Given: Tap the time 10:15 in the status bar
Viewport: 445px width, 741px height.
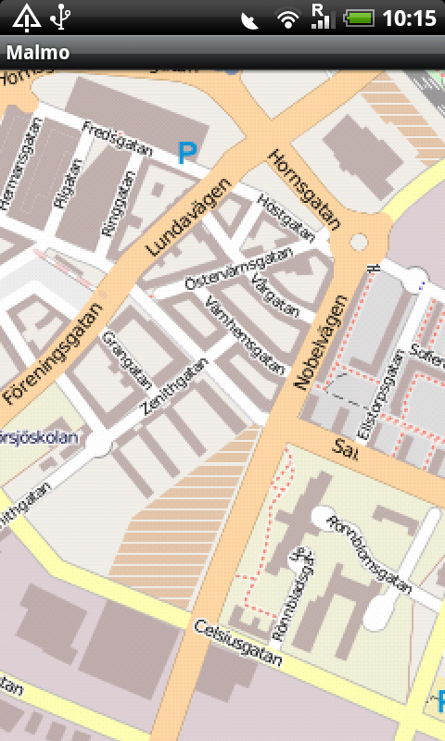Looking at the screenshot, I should [410, 18].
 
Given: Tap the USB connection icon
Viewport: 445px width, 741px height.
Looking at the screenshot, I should [61, 17].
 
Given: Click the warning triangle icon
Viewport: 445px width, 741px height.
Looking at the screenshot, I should [25, 17].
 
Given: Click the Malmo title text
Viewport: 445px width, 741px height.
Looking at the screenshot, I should [38, 53].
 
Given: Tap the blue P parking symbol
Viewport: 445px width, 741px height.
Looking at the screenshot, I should [187, 153].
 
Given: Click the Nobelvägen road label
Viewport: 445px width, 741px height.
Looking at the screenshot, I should [319, 342].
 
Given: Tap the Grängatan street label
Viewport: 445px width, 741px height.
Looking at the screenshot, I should [127, 360].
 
